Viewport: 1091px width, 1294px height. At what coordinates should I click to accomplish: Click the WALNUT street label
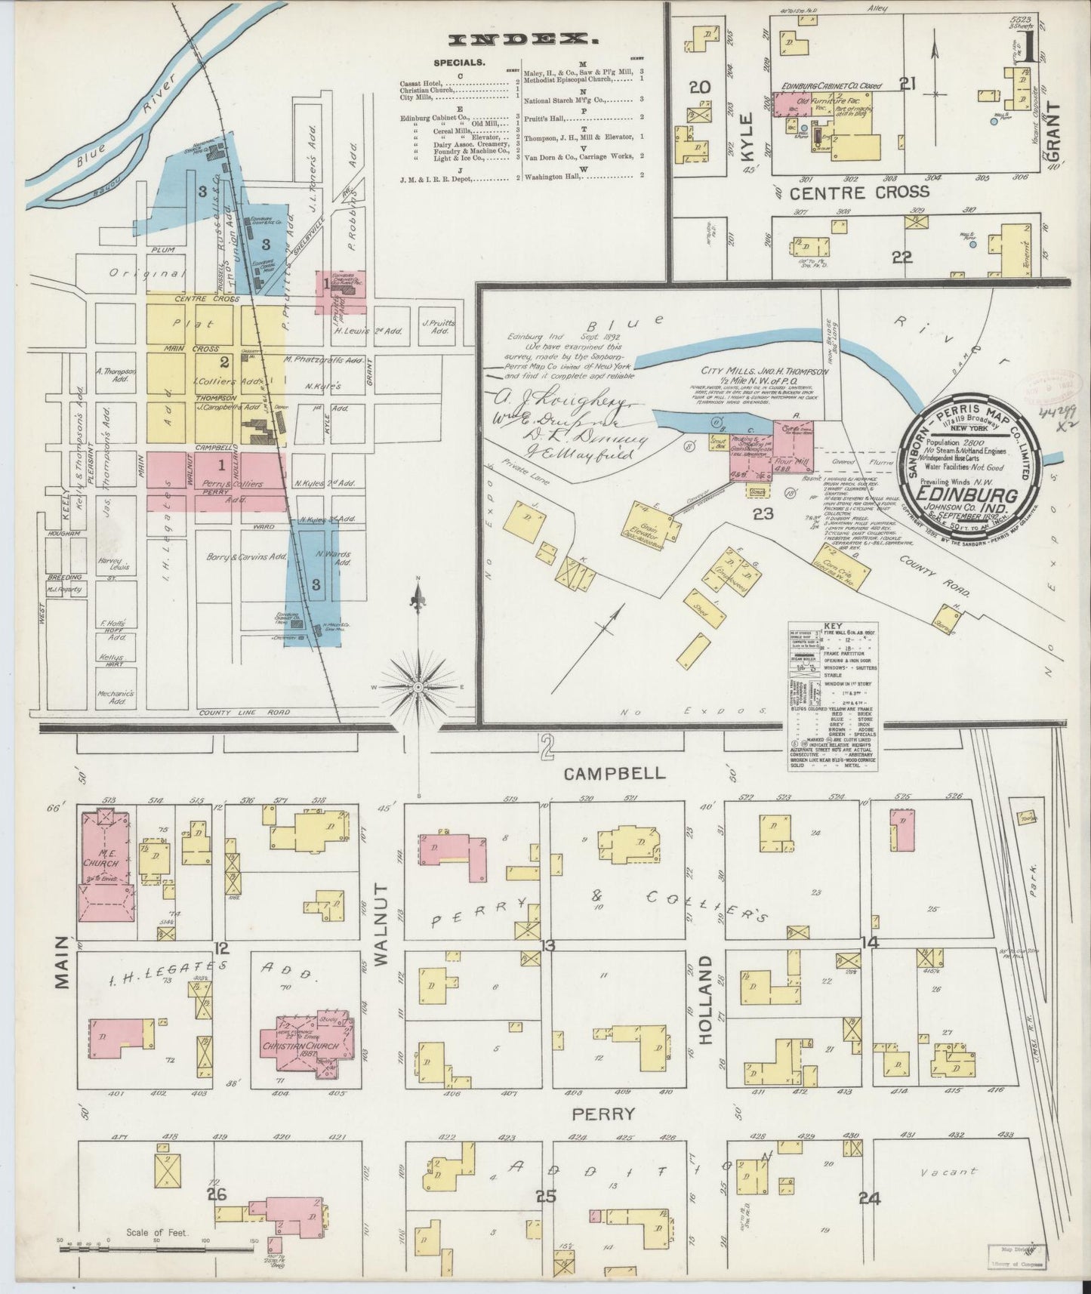(380, 924)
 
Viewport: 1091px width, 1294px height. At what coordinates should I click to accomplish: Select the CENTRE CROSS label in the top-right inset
(860, 192)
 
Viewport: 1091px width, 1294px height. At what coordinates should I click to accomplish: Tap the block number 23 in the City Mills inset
(763, 514)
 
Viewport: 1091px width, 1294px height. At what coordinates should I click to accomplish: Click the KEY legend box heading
(833, 626)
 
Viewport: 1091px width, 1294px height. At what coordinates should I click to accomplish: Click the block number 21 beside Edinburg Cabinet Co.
(907, 84)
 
